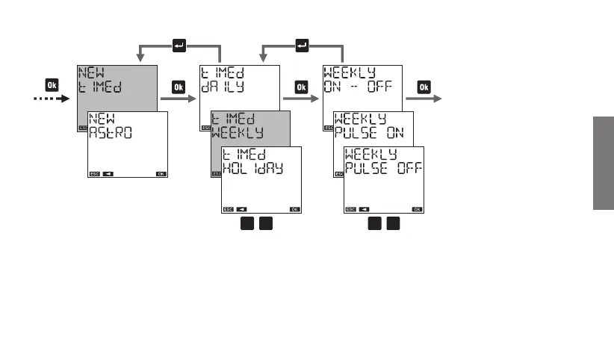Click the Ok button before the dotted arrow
click(52, 85)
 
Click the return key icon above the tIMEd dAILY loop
click(179, 46)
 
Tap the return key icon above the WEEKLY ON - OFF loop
click(302, 46)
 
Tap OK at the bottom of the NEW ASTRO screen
click(161, 173)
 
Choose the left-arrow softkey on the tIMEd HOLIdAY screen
click(241, 208)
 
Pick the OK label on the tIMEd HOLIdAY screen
click(295, 208)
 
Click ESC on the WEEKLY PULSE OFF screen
click(350, 208)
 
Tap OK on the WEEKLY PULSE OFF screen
click(417, 208)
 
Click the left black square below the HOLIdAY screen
click(246, 225)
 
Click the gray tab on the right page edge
click(603, 164)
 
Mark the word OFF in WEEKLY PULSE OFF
click(408, 168)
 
